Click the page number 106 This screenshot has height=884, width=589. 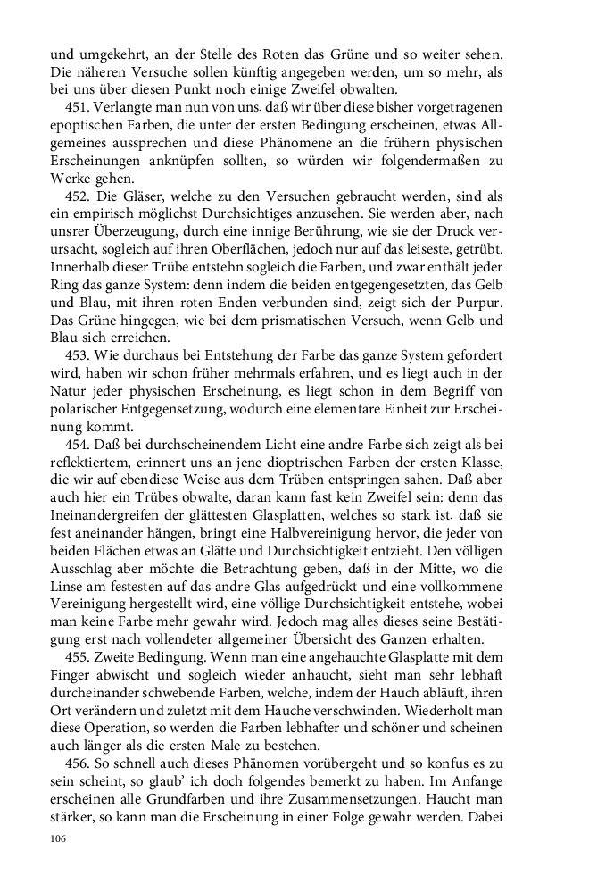tap(59, 838)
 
